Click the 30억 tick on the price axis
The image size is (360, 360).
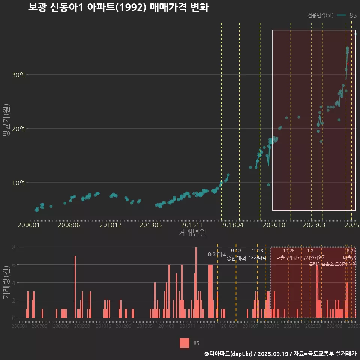pos(18,75)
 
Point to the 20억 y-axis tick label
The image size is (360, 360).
pos(18,129)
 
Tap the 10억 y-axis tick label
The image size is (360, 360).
pos(18,183)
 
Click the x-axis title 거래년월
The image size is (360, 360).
pos(192,233)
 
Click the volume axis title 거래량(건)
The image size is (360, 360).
pos(6,282)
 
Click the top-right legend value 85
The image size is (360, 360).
pos(353,15)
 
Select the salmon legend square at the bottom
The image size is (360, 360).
pos(184,343)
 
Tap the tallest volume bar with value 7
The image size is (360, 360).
pos(75,287)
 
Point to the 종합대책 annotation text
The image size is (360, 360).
pos(236,258)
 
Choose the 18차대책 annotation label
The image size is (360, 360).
pos(257,258)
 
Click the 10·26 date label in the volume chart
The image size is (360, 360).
pos(289,251)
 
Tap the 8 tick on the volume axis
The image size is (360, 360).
pos(13,247)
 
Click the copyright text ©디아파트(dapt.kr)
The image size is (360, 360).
pos(229,354)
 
